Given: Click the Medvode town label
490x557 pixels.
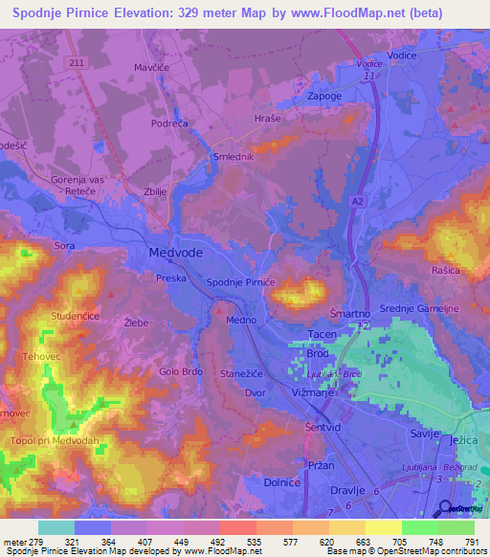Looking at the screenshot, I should coord(175,253).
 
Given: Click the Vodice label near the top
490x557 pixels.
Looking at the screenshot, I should coord(403,56).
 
